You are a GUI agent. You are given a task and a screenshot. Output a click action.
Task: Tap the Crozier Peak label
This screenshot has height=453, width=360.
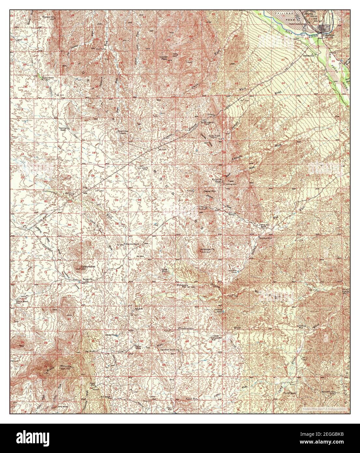164,57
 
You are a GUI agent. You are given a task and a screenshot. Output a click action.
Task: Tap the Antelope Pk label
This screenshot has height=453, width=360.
206,249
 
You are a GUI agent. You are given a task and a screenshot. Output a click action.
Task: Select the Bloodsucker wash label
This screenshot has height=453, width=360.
186,329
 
